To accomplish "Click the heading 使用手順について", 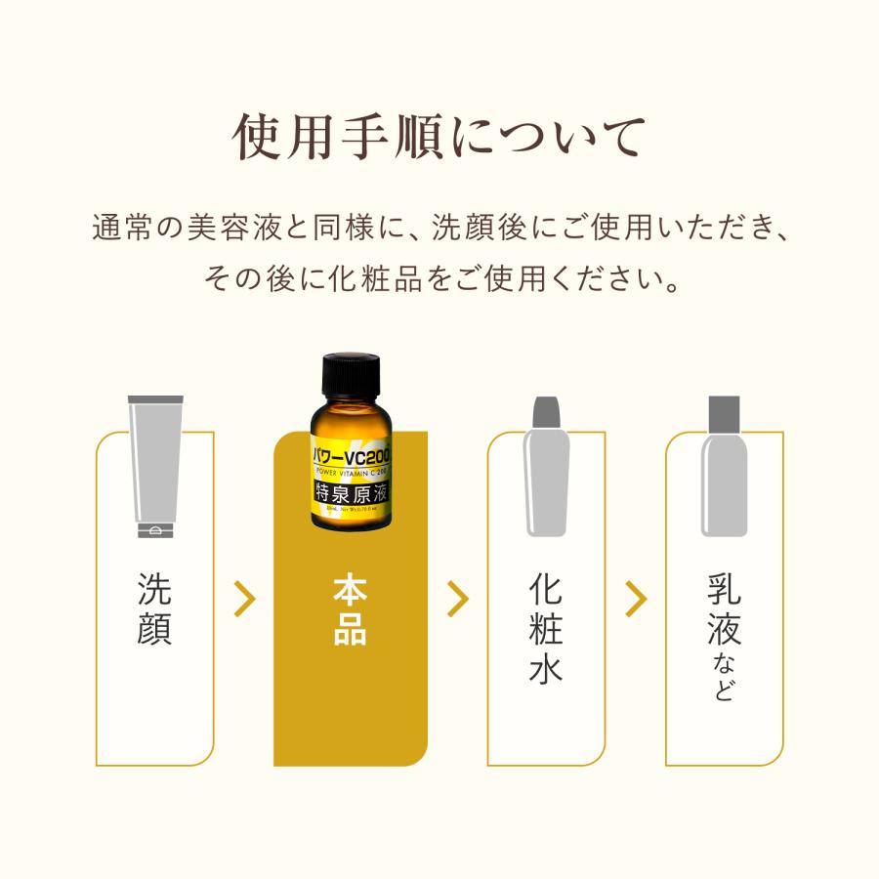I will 439,138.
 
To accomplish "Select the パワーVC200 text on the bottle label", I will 351,453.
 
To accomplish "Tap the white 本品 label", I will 351,610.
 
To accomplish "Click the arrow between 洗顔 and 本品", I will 244,599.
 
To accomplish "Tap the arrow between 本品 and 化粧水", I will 457,599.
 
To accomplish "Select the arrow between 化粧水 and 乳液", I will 636,599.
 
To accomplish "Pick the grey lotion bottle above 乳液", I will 724,479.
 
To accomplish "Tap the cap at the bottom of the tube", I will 155,530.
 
